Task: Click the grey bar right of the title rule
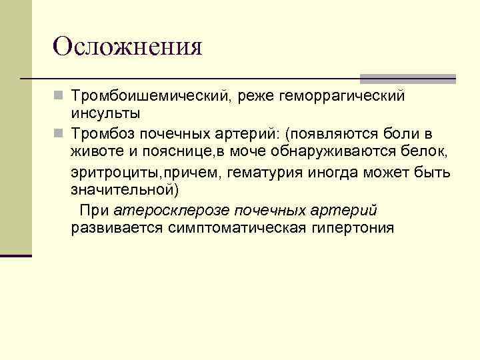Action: (407, 78)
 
